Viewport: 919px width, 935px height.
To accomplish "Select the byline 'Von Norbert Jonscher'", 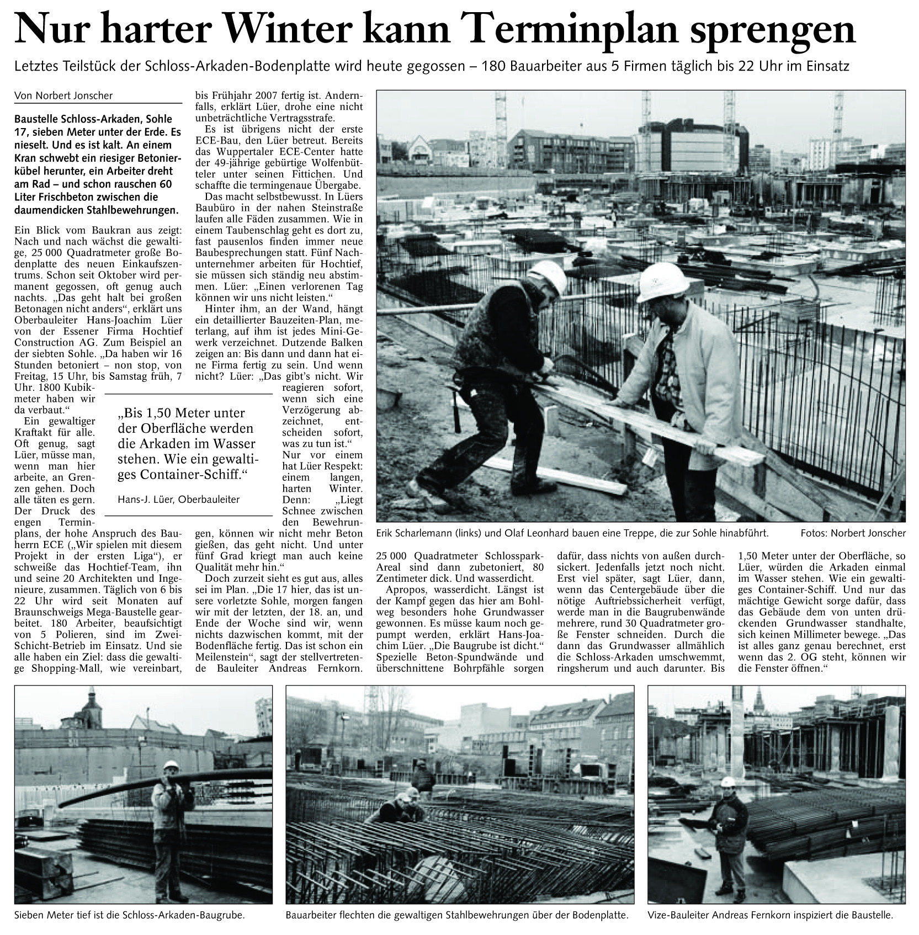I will pyautogui.click(x=63, y=95).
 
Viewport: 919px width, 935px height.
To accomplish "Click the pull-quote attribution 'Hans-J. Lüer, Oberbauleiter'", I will pyautogui.click(x=179, y=499).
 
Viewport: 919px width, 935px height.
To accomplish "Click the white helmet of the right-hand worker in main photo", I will pyautogui.click(x=662, y=281).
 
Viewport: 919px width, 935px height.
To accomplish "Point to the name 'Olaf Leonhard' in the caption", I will pyautogui.click(x=517, y=533).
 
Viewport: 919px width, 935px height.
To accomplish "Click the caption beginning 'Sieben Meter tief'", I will pyautogui.click(x=129, y=915).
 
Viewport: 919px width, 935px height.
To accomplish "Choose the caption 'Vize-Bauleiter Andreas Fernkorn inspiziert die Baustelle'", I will pyautogui.click(x=770, y=915).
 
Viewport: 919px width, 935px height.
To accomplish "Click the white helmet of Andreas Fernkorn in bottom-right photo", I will pyautogui.click(x=729, y=781).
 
